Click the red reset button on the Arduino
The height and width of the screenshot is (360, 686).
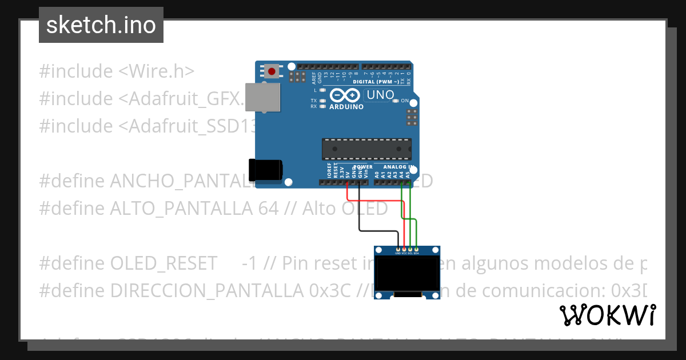272,72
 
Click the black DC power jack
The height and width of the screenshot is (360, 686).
265,170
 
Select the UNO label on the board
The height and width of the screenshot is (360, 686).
380,95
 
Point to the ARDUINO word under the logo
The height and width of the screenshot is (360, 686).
346,107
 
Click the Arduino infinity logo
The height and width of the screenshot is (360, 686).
346,95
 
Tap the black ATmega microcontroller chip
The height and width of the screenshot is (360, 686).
366,149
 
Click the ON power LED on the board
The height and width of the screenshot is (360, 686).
396,101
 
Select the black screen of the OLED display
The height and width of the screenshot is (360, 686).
407,273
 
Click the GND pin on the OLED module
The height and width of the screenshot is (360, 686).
398,249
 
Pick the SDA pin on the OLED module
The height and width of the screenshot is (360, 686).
417,249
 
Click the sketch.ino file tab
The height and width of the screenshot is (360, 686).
101,25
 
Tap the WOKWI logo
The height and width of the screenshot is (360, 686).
607,315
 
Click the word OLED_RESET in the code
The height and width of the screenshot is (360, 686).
163,263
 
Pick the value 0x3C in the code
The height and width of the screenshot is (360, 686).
329,291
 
